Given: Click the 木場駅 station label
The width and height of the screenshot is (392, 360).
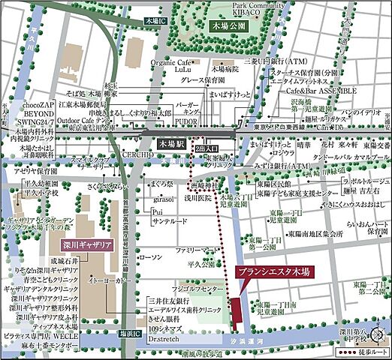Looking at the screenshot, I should pos(168,141).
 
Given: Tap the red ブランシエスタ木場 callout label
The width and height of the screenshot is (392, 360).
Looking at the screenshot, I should pos(273,273).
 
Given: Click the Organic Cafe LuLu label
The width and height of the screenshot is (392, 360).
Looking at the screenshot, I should pos(174,68).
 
